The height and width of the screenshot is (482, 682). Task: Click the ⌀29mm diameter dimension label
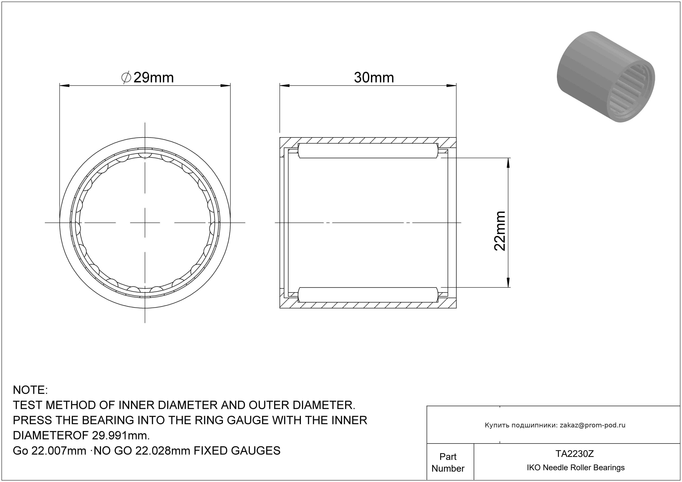pyautogui.click(x=148, y=78)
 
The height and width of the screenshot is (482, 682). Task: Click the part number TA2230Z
pyautogui.click(x=575, y=454)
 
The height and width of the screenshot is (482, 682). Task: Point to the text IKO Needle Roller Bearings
pyautogui.click(x=576, y=467)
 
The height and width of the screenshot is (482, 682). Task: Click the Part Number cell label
pyautogui.click(x=448, y=462)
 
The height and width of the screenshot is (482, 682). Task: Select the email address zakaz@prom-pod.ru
pyautogui.click(x=593, y=425)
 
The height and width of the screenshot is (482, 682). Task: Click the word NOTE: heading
pyautogui.click(x=30, y=390)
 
